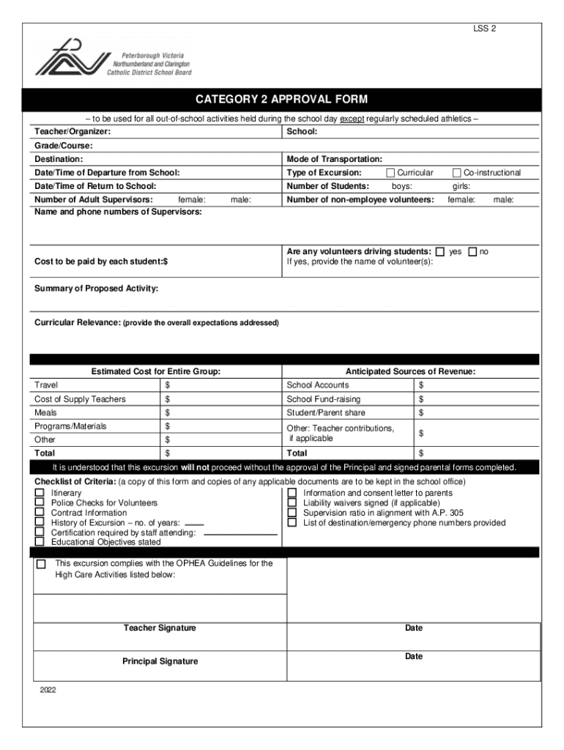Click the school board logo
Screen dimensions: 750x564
113,57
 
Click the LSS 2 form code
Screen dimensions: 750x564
484,29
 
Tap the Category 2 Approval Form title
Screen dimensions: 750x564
281,99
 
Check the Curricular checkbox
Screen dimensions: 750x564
390,173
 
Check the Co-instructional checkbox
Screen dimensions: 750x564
457,173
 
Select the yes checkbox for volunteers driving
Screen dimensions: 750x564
439,251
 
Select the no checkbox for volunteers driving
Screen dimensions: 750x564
472,251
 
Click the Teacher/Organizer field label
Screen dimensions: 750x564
73,131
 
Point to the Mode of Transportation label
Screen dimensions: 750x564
334,159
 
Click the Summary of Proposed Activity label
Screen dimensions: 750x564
96,289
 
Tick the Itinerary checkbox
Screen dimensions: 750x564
40,494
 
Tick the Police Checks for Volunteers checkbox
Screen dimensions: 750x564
40,503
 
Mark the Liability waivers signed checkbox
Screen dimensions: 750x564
292,503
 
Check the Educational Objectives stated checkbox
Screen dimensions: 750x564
40,542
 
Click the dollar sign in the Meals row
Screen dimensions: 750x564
168,412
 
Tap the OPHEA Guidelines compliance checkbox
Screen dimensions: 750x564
41,564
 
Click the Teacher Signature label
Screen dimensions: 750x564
160,628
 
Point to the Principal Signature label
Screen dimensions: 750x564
160,661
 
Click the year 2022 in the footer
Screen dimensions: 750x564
48,691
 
